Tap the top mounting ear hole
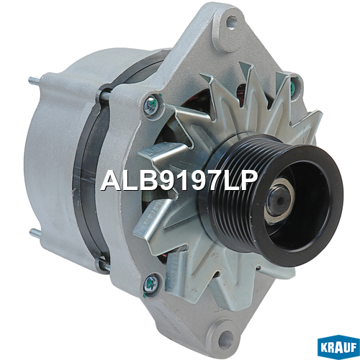232,22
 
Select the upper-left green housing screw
152,105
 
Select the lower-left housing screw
151,283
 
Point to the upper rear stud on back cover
35,81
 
